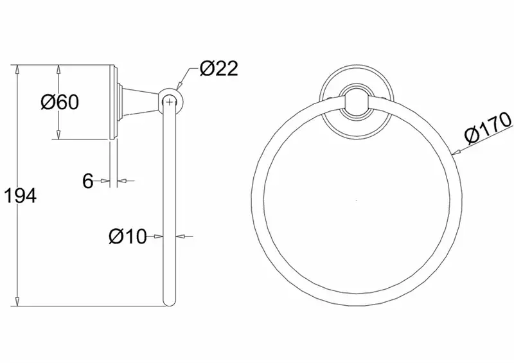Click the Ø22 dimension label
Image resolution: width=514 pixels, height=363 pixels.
click(x=218, y=69)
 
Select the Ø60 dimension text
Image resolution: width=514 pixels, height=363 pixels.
click(x=60, y=102)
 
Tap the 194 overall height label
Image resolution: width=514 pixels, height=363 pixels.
click(x=21, y=196)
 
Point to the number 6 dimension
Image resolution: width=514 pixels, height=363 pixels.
click(x=87, y=181)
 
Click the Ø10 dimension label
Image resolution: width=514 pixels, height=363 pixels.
click(x=127, y=236)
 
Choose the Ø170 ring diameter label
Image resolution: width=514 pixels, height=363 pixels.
click(x=488, y=128)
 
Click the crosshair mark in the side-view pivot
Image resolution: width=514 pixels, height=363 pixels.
click(x=169, y=102)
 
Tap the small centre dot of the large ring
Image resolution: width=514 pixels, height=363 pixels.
click(x=357, y=200)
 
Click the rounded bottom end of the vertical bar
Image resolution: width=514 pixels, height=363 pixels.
click(x=169, y=303)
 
